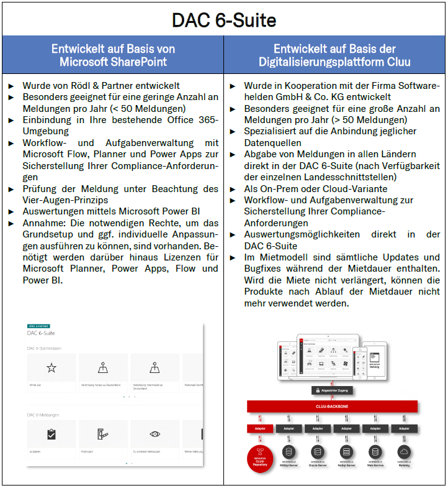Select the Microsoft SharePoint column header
[x=113, y=55]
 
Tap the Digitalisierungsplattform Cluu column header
[x=335, y=55]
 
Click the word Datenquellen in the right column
[x=272, y=142]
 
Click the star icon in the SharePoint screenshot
[x=52, y=368]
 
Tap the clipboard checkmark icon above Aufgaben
[x=52, y=435]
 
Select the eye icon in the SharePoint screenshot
[x=155, y=435]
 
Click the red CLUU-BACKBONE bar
[x=334, y=406]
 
